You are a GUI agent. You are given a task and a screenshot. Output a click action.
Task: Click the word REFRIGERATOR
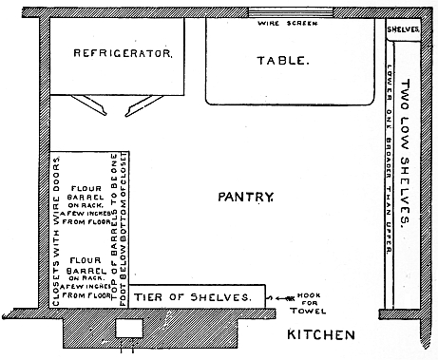[x=124, y=54]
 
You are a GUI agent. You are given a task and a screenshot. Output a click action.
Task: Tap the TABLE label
[x=282, y=60]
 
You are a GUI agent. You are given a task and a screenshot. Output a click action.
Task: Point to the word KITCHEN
[x=322, y=334]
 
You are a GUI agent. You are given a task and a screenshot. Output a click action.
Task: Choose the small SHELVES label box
[x=403, y=28]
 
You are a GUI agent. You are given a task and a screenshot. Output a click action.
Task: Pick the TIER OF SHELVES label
[x=192, y=296]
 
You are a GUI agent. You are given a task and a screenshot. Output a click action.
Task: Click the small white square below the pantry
[x=125, y=328]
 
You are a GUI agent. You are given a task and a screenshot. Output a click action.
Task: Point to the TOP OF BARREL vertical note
[x=120, y=228]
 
